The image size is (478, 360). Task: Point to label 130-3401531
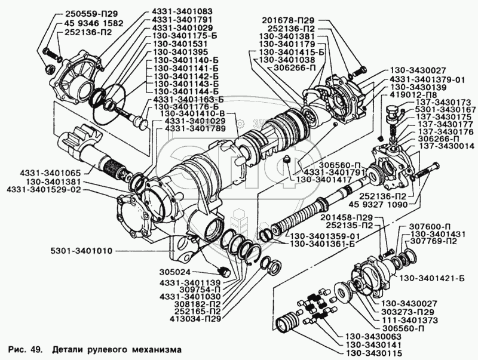click(181, 44)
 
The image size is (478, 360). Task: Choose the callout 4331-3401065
click(50, 173)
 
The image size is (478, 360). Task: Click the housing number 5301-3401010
click(82, 251)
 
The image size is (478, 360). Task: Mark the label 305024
click(174, 272)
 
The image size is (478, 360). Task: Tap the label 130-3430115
click(373, 353)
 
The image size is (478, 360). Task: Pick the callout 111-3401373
click(409, 321)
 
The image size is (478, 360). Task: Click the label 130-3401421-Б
click(431, 278)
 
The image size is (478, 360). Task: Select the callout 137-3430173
click(442, 102)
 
